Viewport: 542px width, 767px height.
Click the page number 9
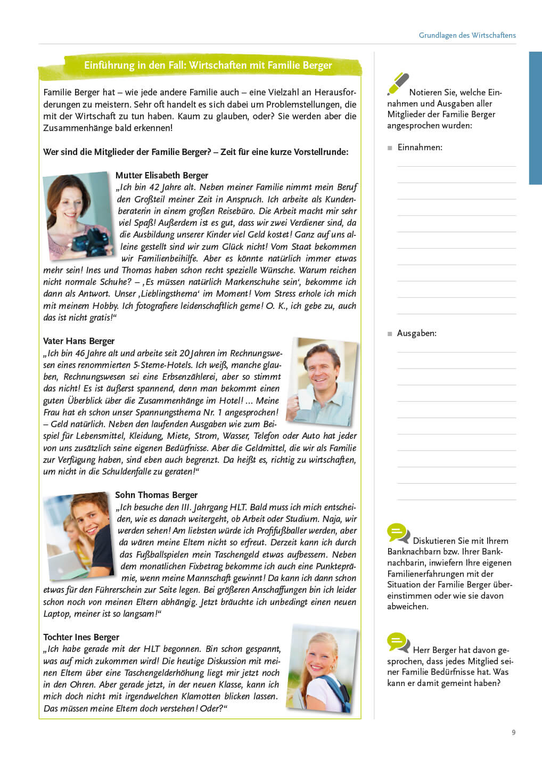[x=513, y=732]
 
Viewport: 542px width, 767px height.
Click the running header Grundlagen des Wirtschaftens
[x=467, y=35]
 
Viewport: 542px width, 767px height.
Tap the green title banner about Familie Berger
[x=208, y=66]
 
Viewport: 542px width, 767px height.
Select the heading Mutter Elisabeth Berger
[x=161, y=175]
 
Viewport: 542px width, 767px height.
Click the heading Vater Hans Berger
[x=79, y=341]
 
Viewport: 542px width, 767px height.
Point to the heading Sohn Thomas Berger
[x=156, y=495]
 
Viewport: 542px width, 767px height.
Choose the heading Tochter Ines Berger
[x=81, y=637]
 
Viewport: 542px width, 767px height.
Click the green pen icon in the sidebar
[x=398, y=84]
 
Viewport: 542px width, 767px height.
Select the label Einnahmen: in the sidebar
[x=420, y=148]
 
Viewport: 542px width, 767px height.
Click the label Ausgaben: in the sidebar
[x=416, y=333]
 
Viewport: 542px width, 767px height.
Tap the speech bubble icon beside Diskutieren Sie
[x=398, y=533]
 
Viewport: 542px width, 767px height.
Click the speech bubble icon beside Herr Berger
[x=398, y=642]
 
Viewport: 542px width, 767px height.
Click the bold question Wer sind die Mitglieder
[x=196, y=152]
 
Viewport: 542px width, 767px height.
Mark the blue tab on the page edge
[x=535, y=118]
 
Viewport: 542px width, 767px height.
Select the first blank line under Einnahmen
[x=456, y=166]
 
